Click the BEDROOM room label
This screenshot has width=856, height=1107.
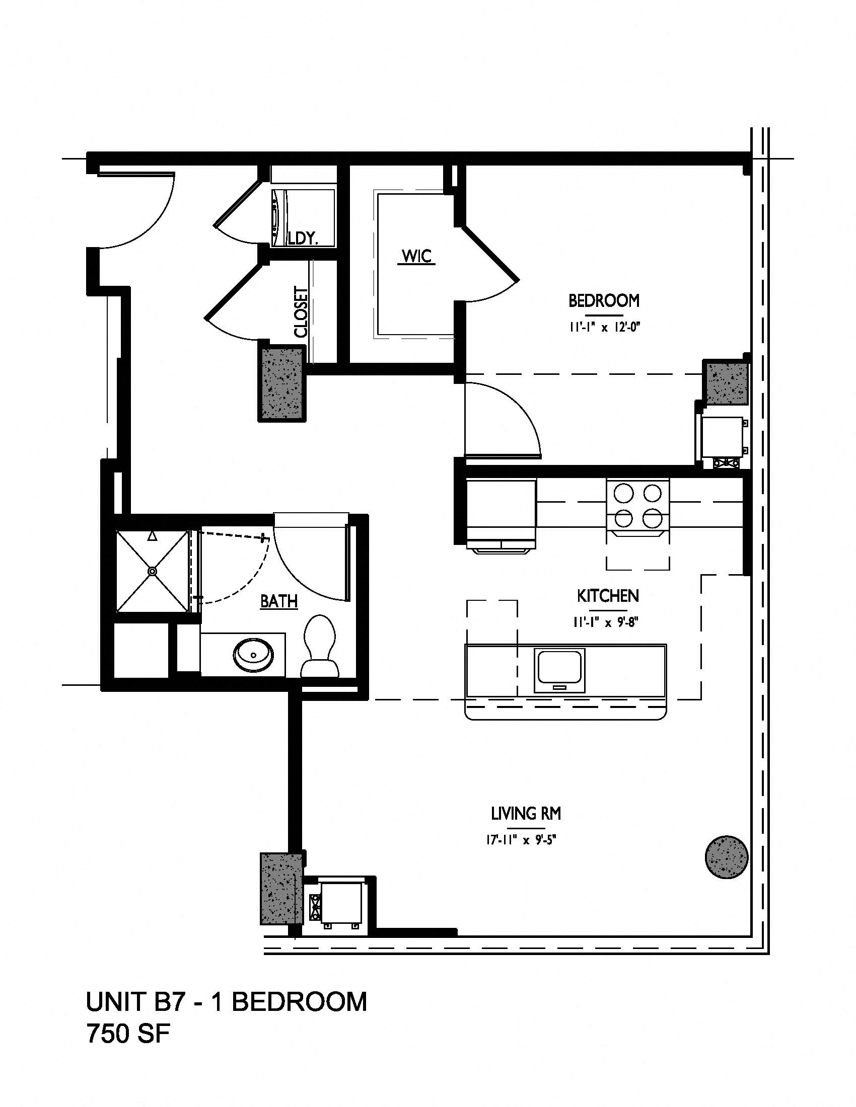[603, 300]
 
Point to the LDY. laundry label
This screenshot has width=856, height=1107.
[303, 238]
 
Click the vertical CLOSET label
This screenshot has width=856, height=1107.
[301, 312]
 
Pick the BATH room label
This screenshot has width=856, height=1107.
[279, 601]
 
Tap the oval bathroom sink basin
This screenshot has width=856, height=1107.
[254, 655]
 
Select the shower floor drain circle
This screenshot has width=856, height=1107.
[152, 571]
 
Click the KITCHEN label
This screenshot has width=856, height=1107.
[608, 596]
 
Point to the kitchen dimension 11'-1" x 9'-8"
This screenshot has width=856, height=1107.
[605, 622]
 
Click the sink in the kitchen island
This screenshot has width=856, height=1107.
[560, 671]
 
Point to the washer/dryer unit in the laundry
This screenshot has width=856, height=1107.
[303, 218]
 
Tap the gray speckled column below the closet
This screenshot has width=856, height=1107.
[282, 383]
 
